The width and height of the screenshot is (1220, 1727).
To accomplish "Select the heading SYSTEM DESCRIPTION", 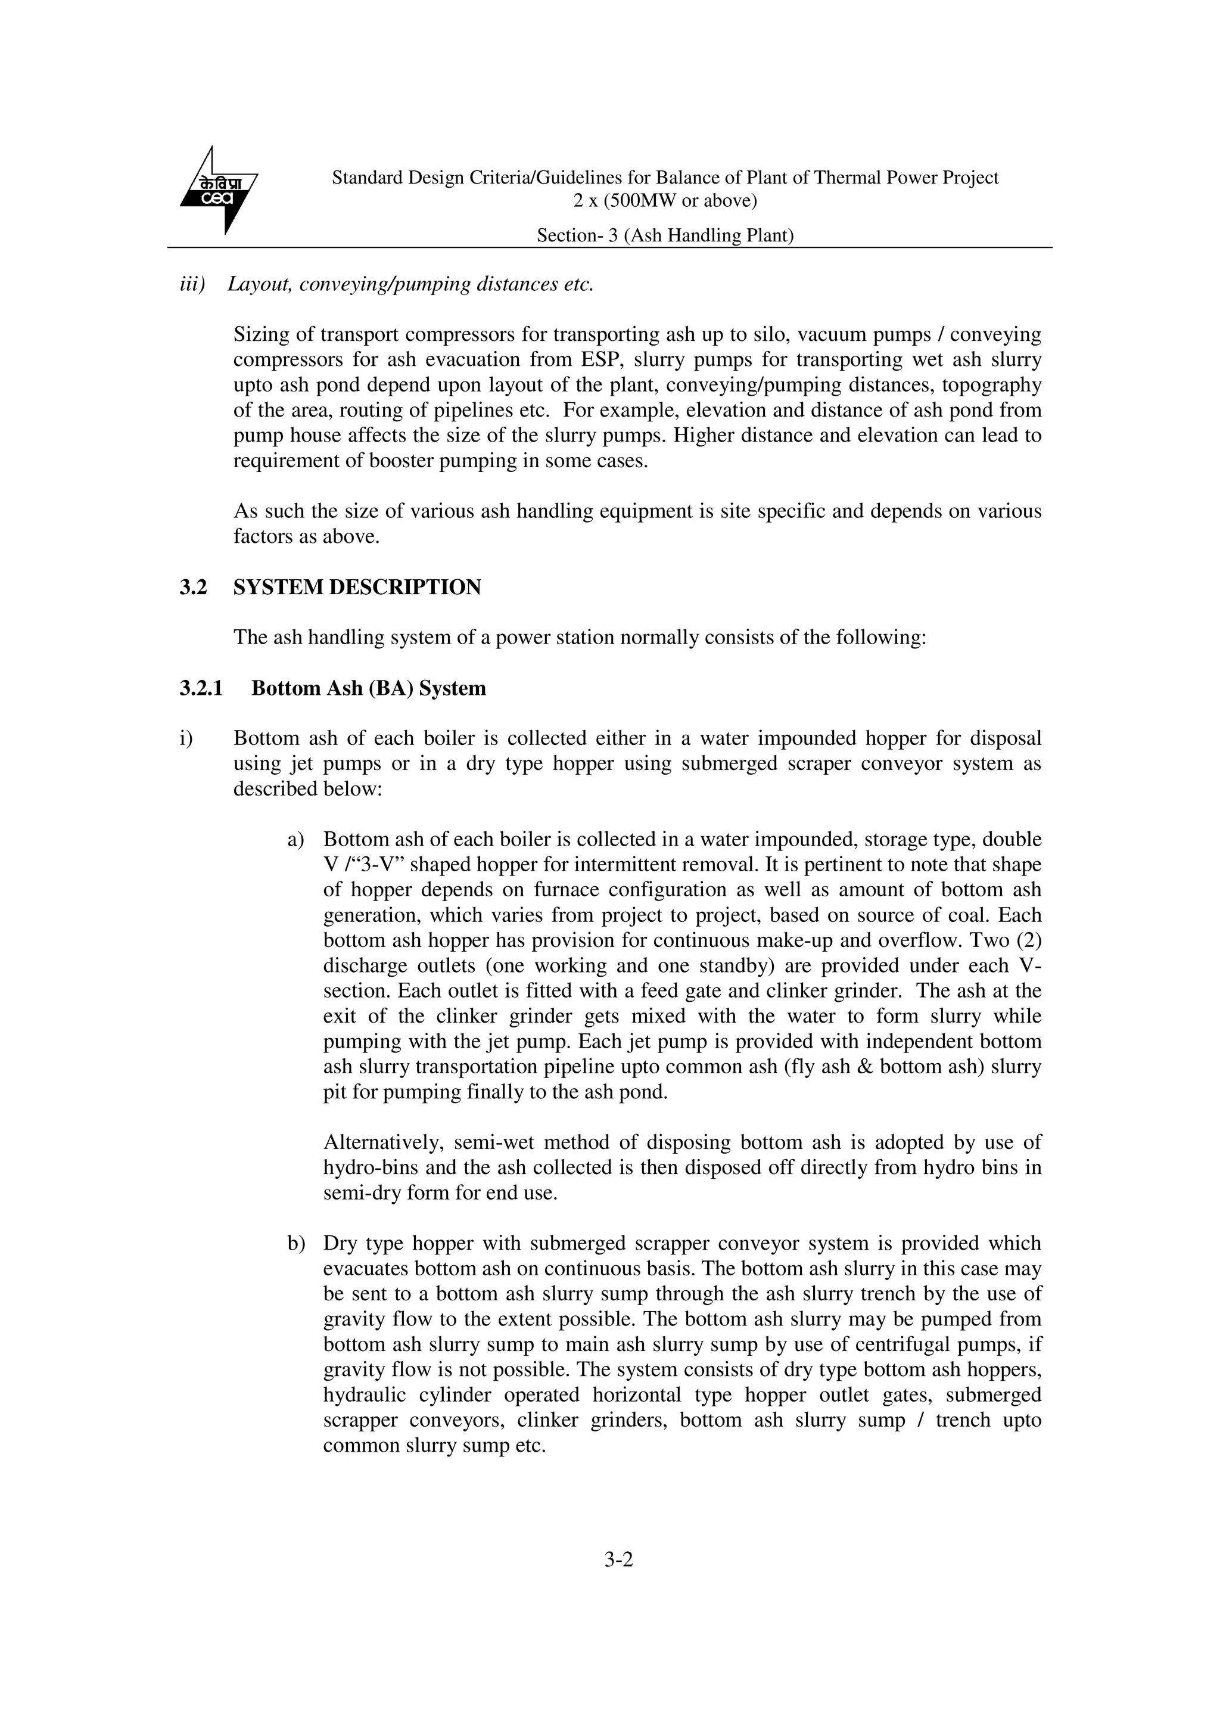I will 357,588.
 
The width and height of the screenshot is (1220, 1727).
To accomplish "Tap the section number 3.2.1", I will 201,688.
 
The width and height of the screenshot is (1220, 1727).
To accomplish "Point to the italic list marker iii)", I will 192,284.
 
